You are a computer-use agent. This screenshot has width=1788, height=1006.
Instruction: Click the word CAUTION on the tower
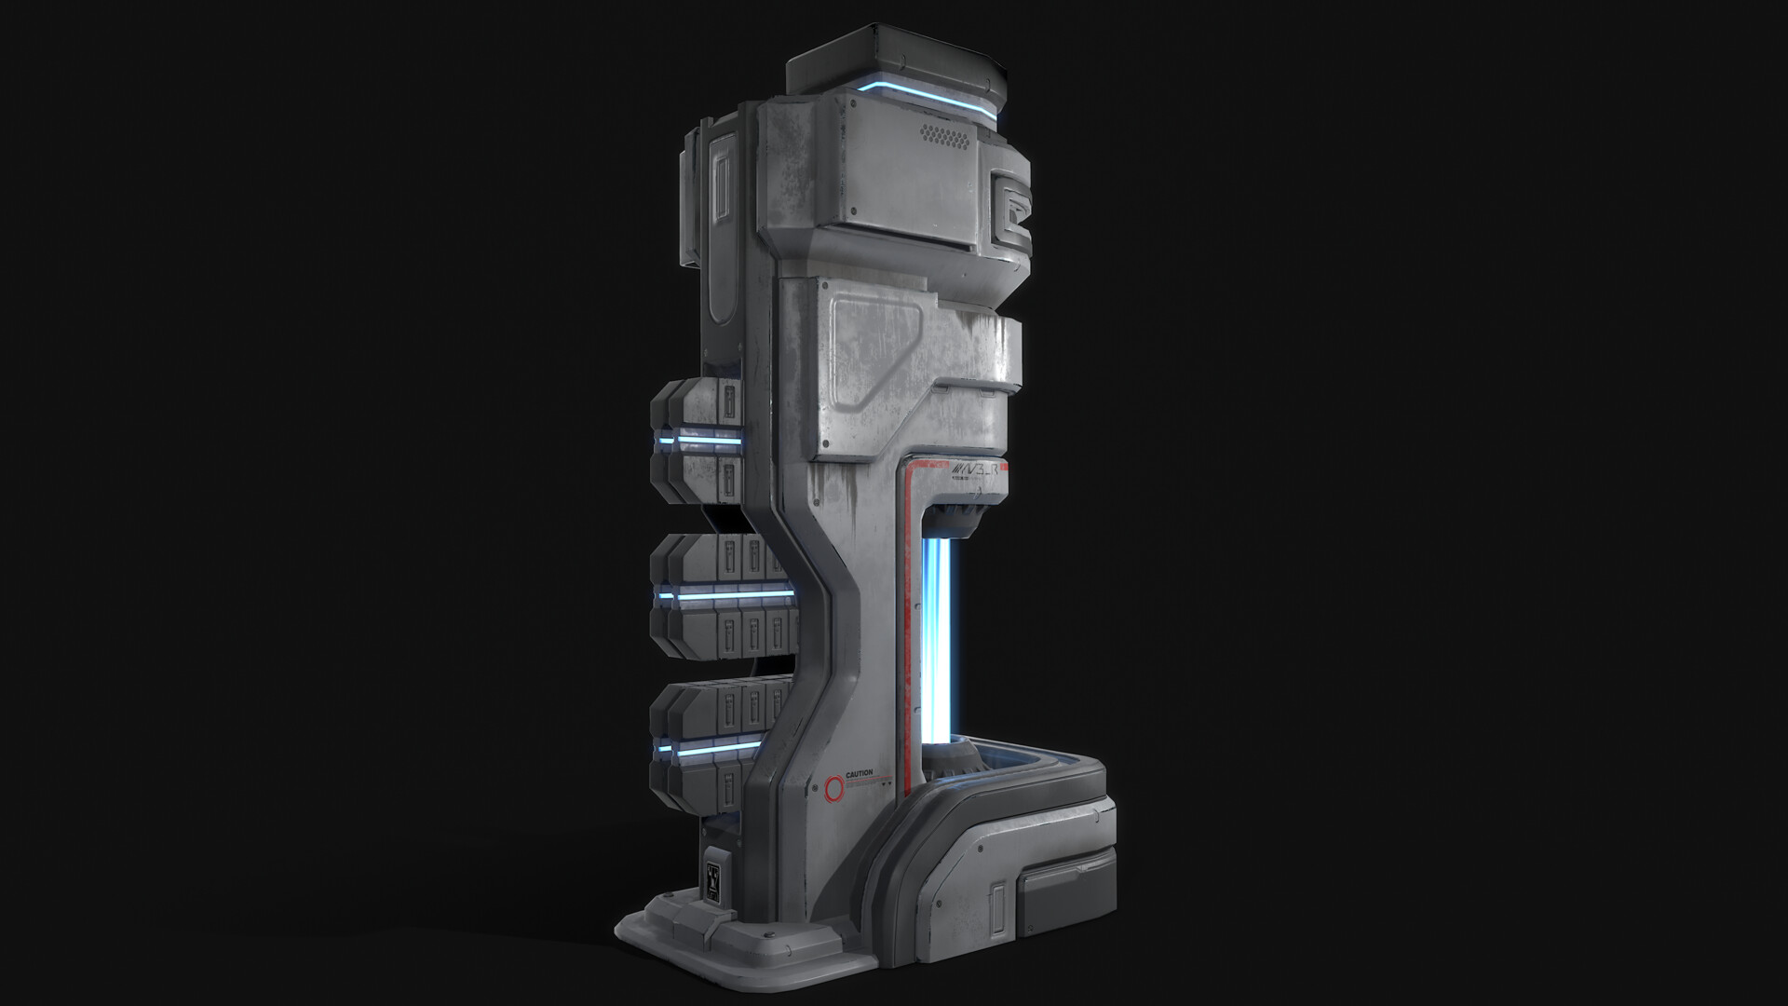860,773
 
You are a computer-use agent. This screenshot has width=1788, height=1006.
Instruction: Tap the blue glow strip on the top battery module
698,439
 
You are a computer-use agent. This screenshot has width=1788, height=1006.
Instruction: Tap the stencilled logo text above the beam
973,472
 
